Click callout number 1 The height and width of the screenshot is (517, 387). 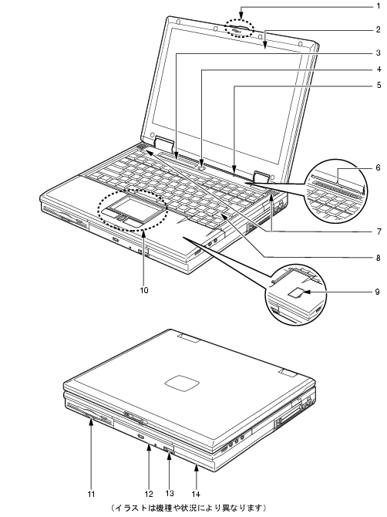coord(379,6)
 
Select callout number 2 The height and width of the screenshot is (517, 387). coord(379,30)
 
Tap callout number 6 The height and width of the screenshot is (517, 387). coord(379,167)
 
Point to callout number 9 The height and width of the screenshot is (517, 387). coord(378,292)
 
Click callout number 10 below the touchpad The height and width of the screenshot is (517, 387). coord(144,290)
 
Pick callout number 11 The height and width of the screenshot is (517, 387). coord(91,494)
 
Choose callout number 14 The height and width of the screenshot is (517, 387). coord(196,494)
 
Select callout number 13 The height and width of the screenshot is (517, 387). coord(170,493)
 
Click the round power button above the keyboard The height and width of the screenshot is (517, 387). coord(202,167)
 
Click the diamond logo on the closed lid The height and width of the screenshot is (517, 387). coord(183,384)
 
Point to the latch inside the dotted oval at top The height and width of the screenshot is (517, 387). coord(237,30)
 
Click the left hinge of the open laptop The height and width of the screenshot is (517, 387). coord(163,144)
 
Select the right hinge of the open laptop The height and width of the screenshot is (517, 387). coord(262,177)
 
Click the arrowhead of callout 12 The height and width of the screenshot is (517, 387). coord(149,448)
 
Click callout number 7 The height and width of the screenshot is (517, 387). coord(379,231)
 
